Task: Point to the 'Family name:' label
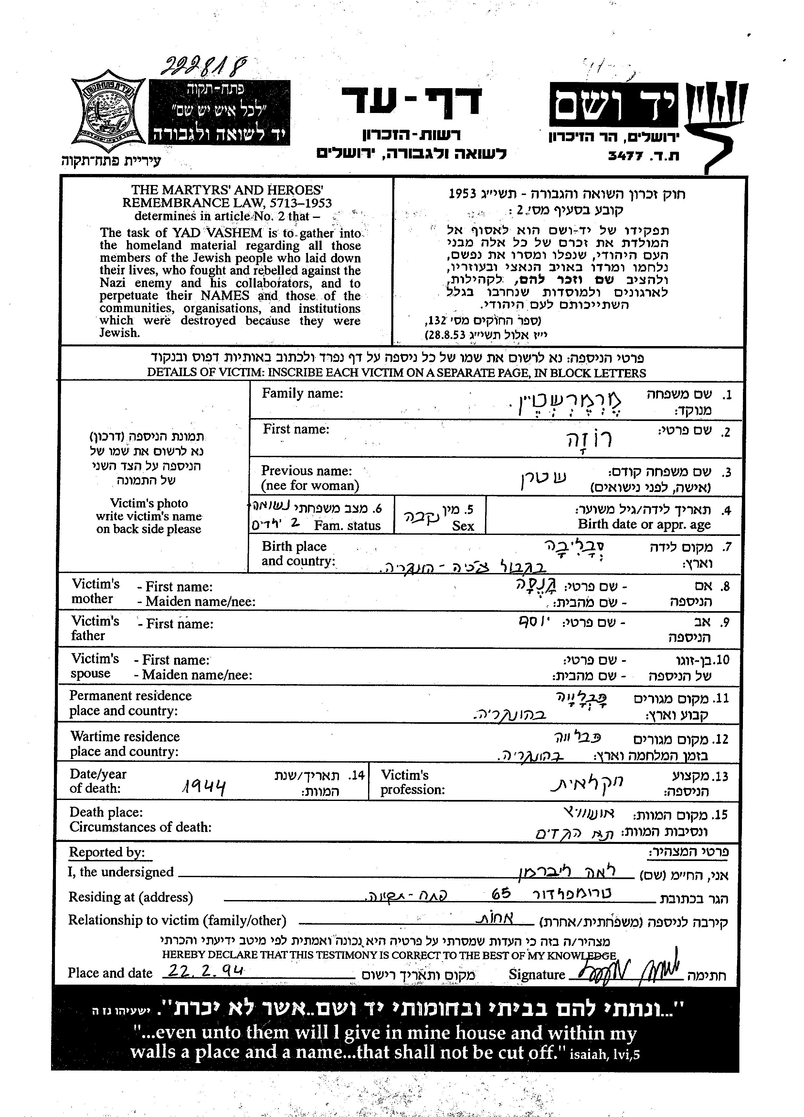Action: coord(302,394)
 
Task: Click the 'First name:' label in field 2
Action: coord(296,429)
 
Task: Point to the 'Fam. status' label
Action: coord(347,526)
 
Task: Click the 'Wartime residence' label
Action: coord(125,736)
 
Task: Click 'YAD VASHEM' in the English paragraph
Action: coord(210,233)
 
